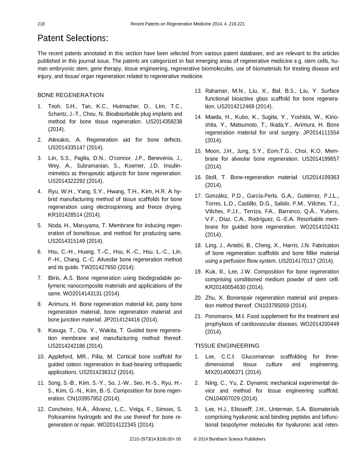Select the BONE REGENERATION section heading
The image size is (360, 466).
[x=71, y=95]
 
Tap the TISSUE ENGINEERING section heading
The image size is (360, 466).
[x=227, y=345]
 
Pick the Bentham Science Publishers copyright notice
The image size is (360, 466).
[x=229, y=439]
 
